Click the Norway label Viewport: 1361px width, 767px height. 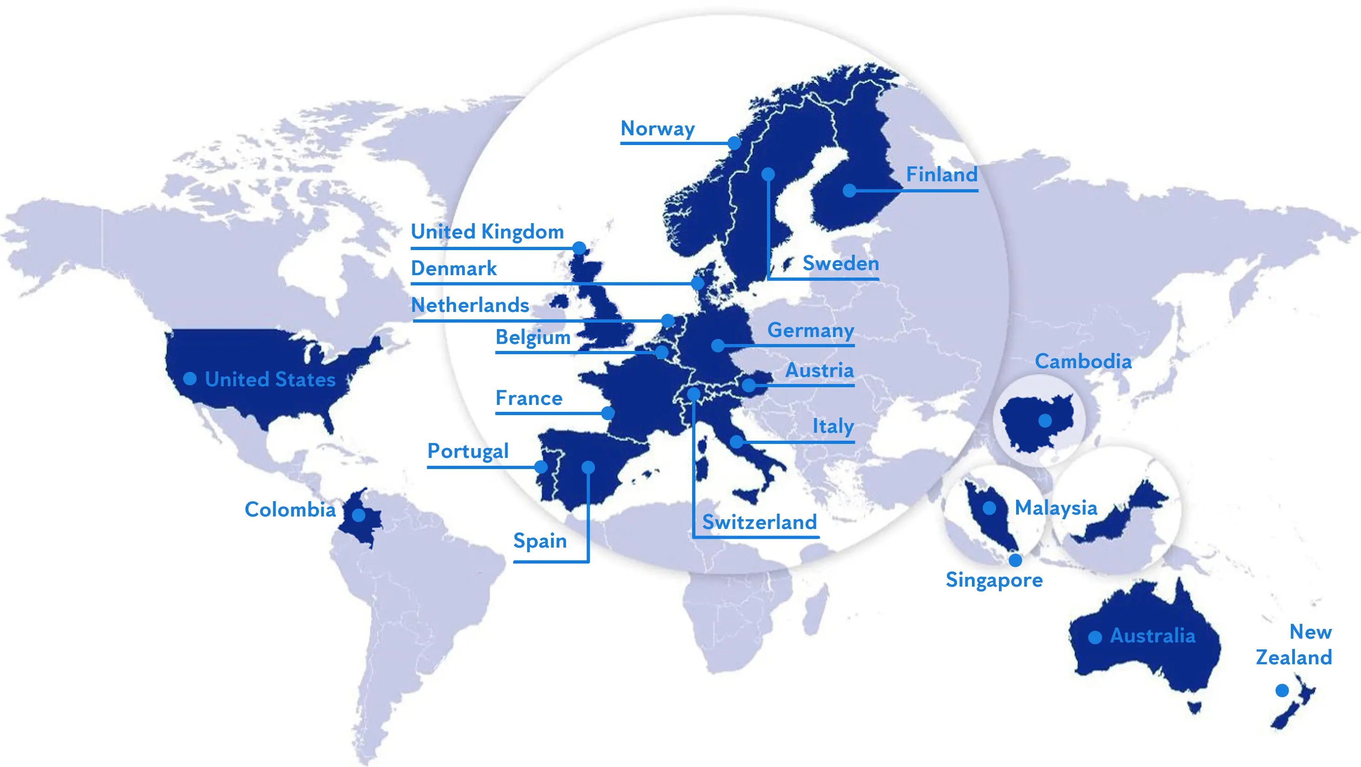(x=657, y=128)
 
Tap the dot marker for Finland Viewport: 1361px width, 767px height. (x=849, y=191)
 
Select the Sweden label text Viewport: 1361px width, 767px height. (x=840, y=263)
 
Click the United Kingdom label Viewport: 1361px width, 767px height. (x=487, y=231)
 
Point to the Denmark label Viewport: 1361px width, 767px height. (x=453, y=268)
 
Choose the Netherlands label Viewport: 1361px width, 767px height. (x=469, y=305)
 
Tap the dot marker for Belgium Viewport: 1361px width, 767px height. (x=661, y=352)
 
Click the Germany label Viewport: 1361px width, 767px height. (x=811, y=330)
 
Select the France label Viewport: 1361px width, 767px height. (x=529, y=398)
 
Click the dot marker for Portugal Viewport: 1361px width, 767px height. (x=541, y=467)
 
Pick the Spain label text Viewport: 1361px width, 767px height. (x=540, y=541)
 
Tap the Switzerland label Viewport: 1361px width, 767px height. (x=759, y=522)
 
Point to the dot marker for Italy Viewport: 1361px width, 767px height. (x=736, y=442)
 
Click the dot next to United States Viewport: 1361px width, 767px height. (x=190, y=379)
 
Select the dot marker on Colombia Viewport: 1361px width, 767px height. (x=359, y=515)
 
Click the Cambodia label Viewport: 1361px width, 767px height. (x=1083, y=361)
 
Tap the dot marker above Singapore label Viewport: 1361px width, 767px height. (x=1015, y=560)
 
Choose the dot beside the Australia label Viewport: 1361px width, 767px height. (x=1095, y=638)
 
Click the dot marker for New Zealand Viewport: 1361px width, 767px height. (x=1282, y=690)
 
